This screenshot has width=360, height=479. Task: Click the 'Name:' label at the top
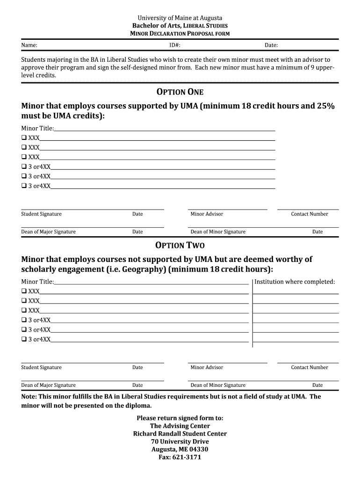[x=29, y=45]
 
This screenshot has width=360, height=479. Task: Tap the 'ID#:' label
[x=175, y=45]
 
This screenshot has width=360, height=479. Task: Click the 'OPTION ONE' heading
[x=180, y=92]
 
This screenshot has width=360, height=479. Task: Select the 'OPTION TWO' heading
[x=180, y=245]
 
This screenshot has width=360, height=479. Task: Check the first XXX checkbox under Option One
[x=24, y=138]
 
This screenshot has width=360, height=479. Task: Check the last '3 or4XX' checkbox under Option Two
[x=24, y=339]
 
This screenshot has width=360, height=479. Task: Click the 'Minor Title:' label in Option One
[x=37, y=128]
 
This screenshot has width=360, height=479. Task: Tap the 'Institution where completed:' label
[x=295, y=282]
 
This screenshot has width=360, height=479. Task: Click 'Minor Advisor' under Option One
[x=207, y=214]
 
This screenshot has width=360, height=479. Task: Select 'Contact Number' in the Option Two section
[x=310, y=367]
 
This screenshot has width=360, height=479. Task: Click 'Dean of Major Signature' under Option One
[x=48, y=232]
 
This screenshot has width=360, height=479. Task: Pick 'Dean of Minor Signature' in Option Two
[x=218, y=385]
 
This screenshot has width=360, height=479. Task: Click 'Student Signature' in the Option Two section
[x=41, y=367]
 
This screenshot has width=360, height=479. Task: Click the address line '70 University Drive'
[x=180, y=442]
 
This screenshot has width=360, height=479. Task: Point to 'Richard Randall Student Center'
[x=180, y=434]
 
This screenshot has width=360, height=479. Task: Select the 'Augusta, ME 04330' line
[x=180, y=449]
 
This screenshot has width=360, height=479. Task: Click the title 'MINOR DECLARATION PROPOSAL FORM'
[x=180, y=34]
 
